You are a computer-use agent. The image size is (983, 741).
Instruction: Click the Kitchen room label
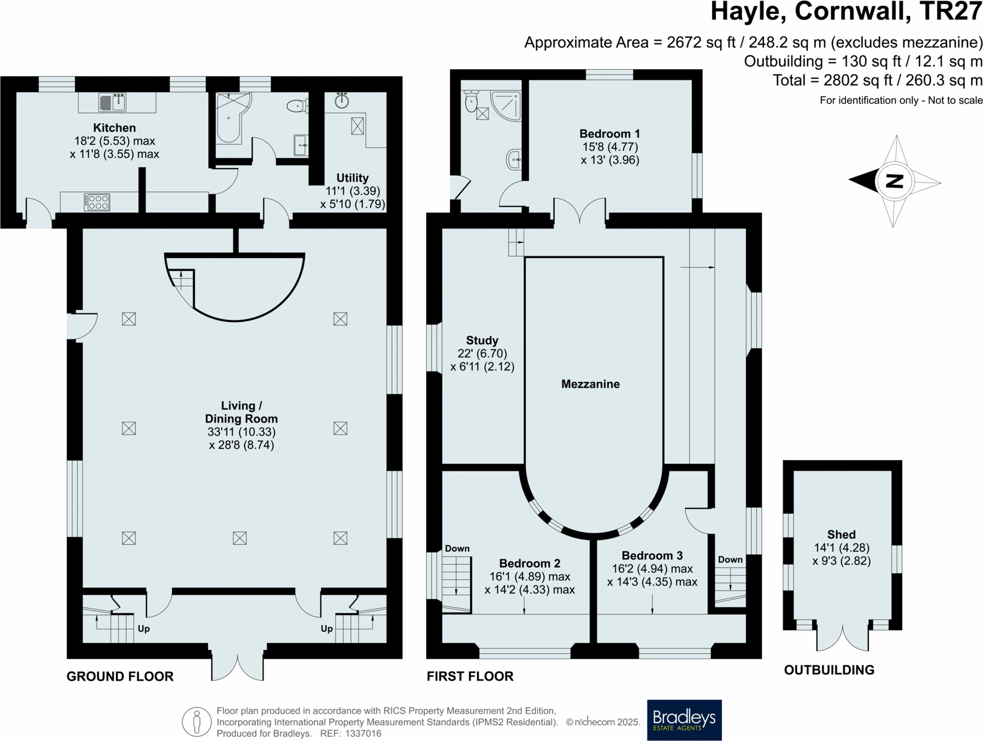pyautogui.click(x=115, y=128)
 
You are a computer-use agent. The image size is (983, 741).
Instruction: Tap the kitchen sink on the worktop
pyautogui.click(x=113, y=103)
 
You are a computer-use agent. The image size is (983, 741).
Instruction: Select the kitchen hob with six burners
pyautogui.click(x=97, y=202)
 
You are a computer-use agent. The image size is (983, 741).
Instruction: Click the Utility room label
pyautogui.click(x=352, y=178)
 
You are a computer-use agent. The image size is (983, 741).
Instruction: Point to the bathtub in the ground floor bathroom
pyautogui.click(x=230, y=118)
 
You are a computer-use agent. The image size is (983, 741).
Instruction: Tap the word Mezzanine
pyautogui.click(x=590, y=384)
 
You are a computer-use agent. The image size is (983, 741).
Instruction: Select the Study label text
pyautogui.click(x=482, y=340)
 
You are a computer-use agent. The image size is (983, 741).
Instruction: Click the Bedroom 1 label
pyautogui.click(x=610, y=134)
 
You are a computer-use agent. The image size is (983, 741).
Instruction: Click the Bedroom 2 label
pyautogui.click(x=529, y=563)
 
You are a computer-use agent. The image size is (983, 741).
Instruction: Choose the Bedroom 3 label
pyautogui.click(x=652, y=555)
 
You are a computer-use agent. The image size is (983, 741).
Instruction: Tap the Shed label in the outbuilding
pyautogui.click(x=841, y=534)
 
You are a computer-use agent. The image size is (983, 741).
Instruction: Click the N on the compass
pyautogui.click(x=894, y=182)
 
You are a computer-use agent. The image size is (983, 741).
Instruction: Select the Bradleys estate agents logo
pyautogui.click(x=684, y=720)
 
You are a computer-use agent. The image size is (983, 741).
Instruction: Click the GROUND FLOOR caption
pyautogui.click(x=120, y=676)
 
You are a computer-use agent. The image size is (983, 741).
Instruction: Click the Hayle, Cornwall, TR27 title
pyautogui.click(x=846, y=12)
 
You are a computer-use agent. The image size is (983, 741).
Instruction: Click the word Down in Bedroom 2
pyautogui.click(x=457, y=549)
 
